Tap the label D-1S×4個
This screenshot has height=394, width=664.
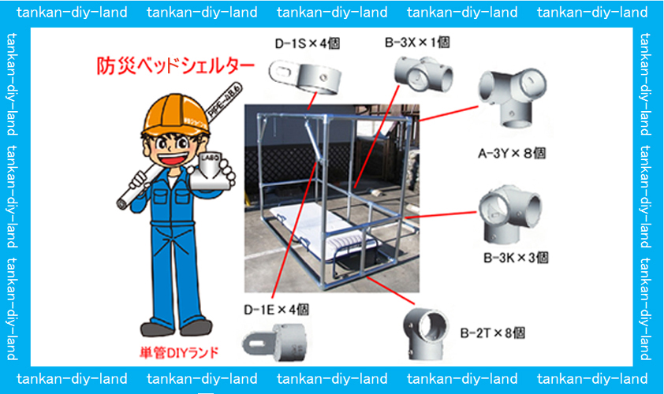pos(306,44)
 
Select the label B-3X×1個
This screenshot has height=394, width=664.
pos(417,43)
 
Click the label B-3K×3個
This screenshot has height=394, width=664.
pos(516,257)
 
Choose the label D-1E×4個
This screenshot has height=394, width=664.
pos(276,309)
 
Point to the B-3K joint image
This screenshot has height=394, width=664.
pos(509,214)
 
